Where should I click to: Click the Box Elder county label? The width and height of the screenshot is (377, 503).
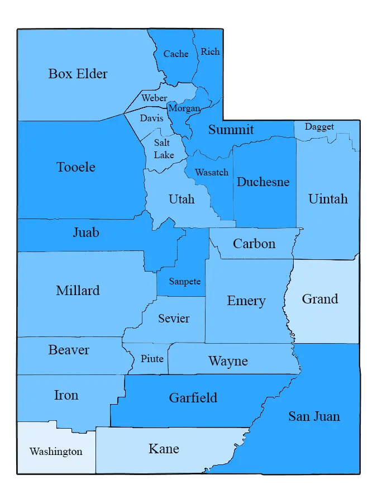78,74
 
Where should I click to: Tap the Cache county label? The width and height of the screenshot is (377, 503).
175,54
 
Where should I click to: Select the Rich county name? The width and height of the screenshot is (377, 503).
210,52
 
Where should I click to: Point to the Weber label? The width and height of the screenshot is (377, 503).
154,98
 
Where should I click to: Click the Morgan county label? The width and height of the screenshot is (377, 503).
184,108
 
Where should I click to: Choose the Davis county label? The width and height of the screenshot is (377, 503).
151,118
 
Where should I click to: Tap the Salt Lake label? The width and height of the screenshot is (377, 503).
164,149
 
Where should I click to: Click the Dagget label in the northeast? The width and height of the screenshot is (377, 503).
319,127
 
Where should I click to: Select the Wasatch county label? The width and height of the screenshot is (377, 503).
212,173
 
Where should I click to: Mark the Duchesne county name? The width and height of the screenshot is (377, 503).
263,182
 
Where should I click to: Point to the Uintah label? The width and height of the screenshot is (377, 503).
328,199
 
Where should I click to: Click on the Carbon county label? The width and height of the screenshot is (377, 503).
254,244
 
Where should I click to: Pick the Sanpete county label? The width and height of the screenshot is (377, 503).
184,282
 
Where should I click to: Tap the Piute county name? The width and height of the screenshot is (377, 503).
152,359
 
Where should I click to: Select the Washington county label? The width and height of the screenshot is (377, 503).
56,452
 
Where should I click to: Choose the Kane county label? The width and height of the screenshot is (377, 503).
164,449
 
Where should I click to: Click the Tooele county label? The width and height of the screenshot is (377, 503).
76,167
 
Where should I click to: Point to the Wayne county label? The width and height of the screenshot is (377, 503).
228,361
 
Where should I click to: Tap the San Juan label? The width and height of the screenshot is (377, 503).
314,416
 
